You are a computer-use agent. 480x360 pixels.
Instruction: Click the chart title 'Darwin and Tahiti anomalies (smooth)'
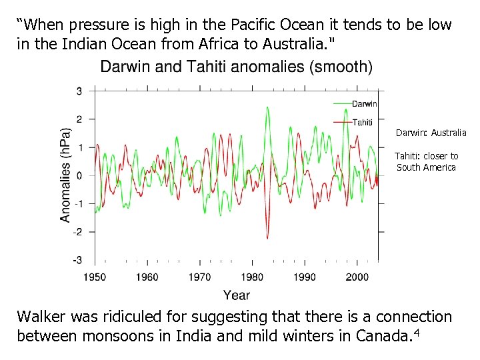[236, 67]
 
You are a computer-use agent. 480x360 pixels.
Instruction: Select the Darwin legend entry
[364, 103]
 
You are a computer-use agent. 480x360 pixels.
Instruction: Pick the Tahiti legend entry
[362, 122]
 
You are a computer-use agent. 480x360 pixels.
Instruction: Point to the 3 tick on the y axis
[79, 91]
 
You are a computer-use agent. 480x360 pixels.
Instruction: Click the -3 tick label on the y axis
[78, 260]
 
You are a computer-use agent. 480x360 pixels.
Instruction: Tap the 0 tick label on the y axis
[79, 176]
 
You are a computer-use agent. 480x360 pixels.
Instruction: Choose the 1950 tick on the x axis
[95, 277]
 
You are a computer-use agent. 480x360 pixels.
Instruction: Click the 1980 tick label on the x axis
[252, 277]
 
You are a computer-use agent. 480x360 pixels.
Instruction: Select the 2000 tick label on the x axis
[357, 277]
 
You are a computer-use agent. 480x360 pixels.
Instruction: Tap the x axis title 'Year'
[237, 295]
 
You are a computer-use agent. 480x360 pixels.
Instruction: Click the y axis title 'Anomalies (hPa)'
[65, 175]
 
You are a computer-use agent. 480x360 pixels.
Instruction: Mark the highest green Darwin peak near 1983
[267, 107]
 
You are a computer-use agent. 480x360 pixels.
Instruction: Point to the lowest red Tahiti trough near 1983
[267, 237]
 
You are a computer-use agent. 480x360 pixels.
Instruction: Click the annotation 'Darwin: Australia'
[431, 133]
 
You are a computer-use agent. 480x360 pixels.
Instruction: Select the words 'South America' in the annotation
[426, 167]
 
